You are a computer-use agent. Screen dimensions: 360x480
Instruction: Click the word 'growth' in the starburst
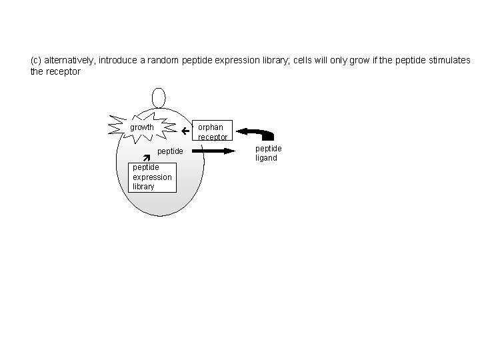141,127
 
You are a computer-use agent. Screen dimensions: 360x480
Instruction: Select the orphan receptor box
213,131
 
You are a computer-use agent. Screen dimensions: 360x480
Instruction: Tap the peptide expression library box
152,177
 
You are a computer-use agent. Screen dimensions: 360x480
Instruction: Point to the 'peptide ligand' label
268,153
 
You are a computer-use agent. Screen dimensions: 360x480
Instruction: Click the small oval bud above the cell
159,97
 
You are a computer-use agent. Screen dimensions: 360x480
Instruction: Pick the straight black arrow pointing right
217,151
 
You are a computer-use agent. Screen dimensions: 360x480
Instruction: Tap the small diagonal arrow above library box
147,158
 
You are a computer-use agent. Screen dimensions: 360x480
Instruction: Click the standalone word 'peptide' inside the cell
170,151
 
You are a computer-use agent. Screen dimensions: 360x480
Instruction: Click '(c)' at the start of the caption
36,60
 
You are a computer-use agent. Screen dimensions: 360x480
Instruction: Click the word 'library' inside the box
143,186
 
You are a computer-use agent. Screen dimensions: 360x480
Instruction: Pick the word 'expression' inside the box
152,177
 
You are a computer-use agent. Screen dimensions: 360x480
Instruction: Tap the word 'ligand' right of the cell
267,158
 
